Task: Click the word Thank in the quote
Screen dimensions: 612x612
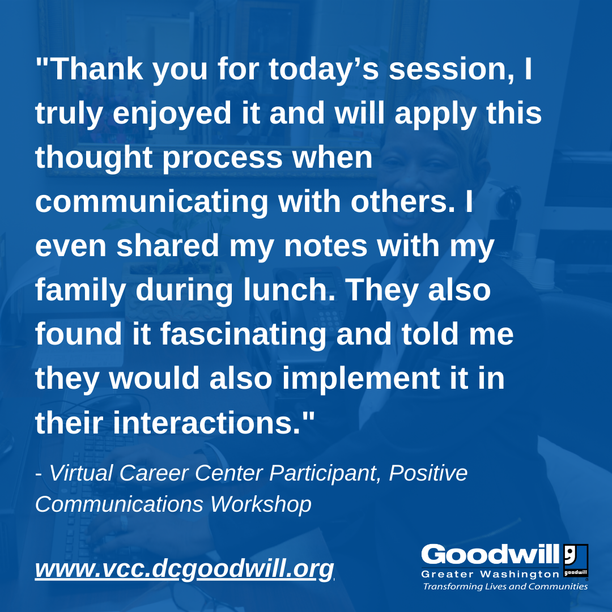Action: point(97,69)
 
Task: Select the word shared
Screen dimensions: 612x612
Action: point(167,246)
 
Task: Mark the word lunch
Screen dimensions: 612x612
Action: point(289,290)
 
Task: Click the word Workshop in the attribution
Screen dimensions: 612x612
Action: point(261,504)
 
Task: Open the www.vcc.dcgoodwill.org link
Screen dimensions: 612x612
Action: point(185,569)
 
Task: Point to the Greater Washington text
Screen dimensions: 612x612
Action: point(490,574)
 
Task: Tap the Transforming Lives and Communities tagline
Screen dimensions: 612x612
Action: point(505,586)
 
